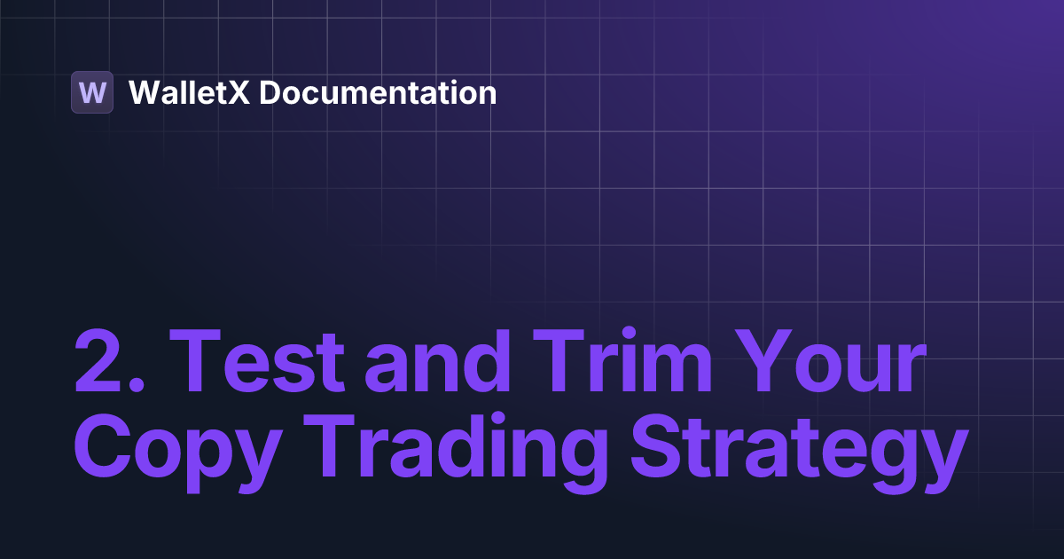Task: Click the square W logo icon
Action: tap(92, 92)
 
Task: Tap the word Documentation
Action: tap(378, 92)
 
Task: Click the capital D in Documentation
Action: tap(270, 92)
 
